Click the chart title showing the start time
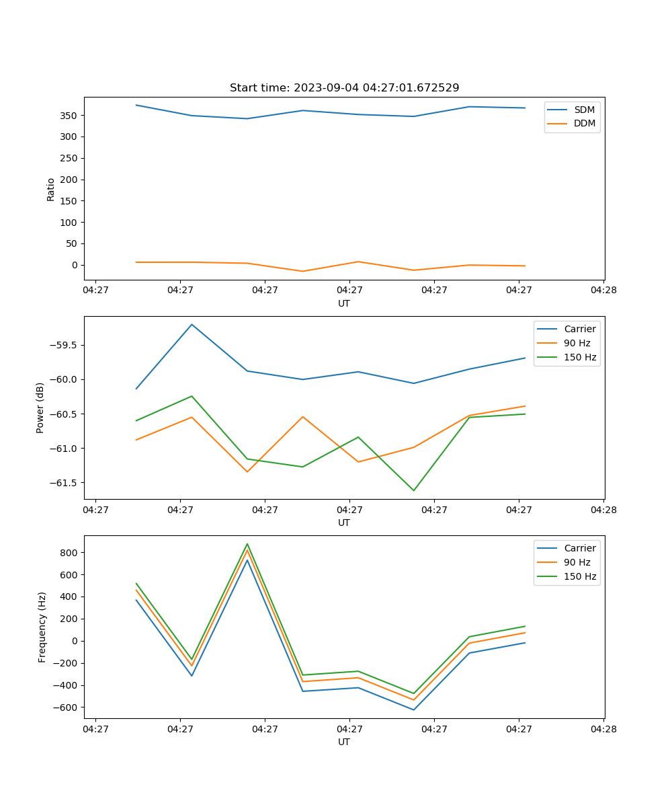tap(344, 88)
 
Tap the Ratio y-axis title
tap(51, 189)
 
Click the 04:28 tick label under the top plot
tap(603, 291)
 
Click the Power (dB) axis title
tap(40, 408)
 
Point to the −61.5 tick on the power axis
tap(63, 483)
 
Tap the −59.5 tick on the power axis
tap(63, 345)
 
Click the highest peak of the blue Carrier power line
tap(192, 324)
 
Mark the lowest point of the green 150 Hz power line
tap(413, 490)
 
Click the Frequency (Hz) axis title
tap(42, 627)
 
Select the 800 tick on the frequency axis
tap(69, 553)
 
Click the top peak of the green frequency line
tap(247, 544)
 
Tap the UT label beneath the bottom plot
tap(344, 742)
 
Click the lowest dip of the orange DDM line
tap(302, 271)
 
